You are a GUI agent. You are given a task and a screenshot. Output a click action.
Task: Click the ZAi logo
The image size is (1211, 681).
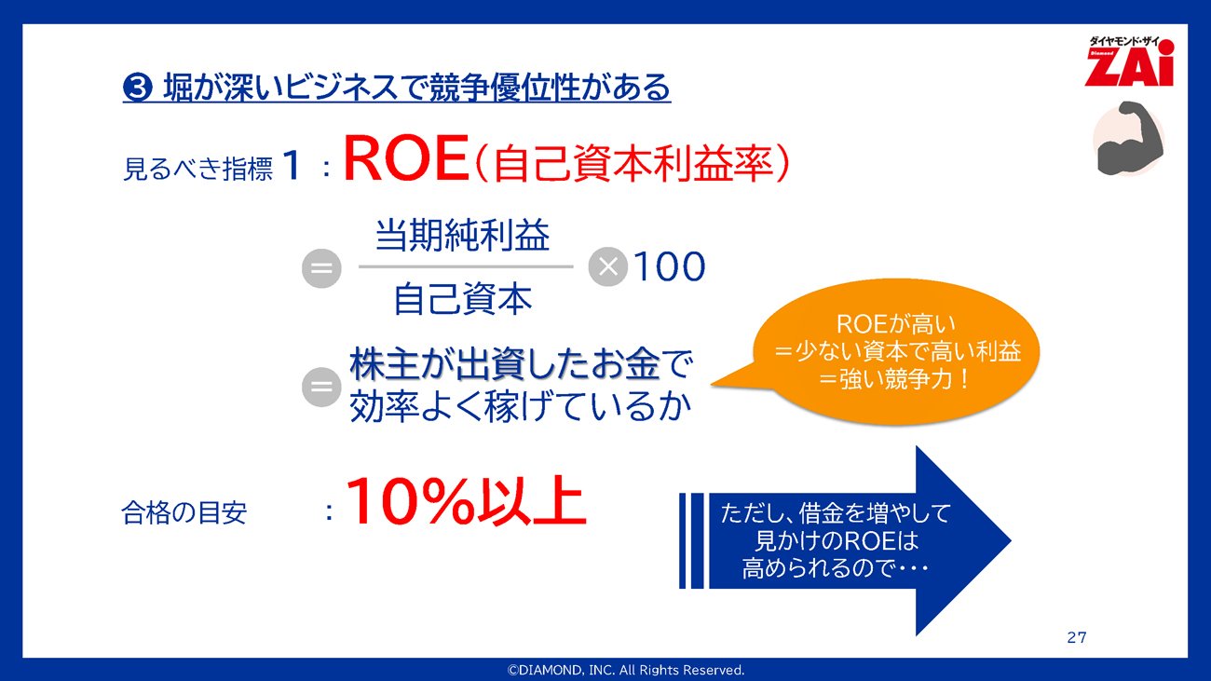[x=1129, y=61]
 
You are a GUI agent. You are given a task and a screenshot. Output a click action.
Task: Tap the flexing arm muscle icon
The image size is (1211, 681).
[x=1128, y=139]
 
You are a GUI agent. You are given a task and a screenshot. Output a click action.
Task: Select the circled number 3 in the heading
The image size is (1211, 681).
[x=137, y=88]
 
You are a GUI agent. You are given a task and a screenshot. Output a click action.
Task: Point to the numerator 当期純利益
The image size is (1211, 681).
[x=462, y=235]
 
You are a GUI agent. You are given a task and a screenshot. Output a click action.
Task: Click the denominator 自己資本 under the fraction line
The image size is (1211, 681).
[x=463, y=299]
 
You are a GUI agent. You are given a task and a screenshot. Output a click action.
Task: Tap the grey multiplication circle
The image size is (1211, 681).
[x=607, y=266]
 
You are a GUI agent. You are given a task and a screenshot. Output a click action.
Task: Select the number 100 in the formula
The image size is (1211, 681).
[x=669, y=266]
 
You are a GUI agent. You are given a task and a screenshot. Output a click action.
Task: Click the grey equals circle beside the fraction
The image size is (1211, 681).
[x=321, y=268]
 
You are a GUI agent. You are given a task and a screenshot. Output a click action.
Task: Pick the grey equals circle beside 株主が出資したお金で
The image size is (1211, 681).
[x=321, y=387]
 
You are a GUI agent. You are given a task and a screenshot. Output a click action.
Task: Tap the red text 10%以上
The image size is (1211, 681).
[x=466, y=501]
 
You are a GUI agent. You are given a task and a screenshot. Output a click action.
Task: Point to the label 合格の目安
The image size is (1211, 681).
[x=184, y=512]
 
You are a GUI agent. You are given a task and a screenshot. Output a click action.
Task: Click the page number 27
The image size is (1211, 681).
[x=1076, y=638]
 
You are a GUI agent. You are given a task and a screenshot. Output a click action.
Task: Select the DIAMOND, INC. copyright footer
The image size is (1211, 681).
[x=625, y=670]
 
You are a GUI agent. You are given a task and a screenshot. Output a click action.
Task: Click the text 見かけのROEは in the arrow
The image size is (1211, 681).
[x=836, y=541]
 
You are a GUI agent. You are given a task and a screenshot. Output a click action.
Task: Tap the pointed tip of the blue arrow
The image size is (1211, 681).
[x=1011, y=540]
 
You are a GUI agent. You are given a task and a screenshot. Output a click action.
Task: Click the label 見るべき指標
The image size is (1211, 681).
[x=197, y=169]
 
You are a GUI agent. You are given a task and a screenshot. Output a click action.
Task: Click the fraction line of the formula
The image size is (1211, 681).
[x=466, y=266]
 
